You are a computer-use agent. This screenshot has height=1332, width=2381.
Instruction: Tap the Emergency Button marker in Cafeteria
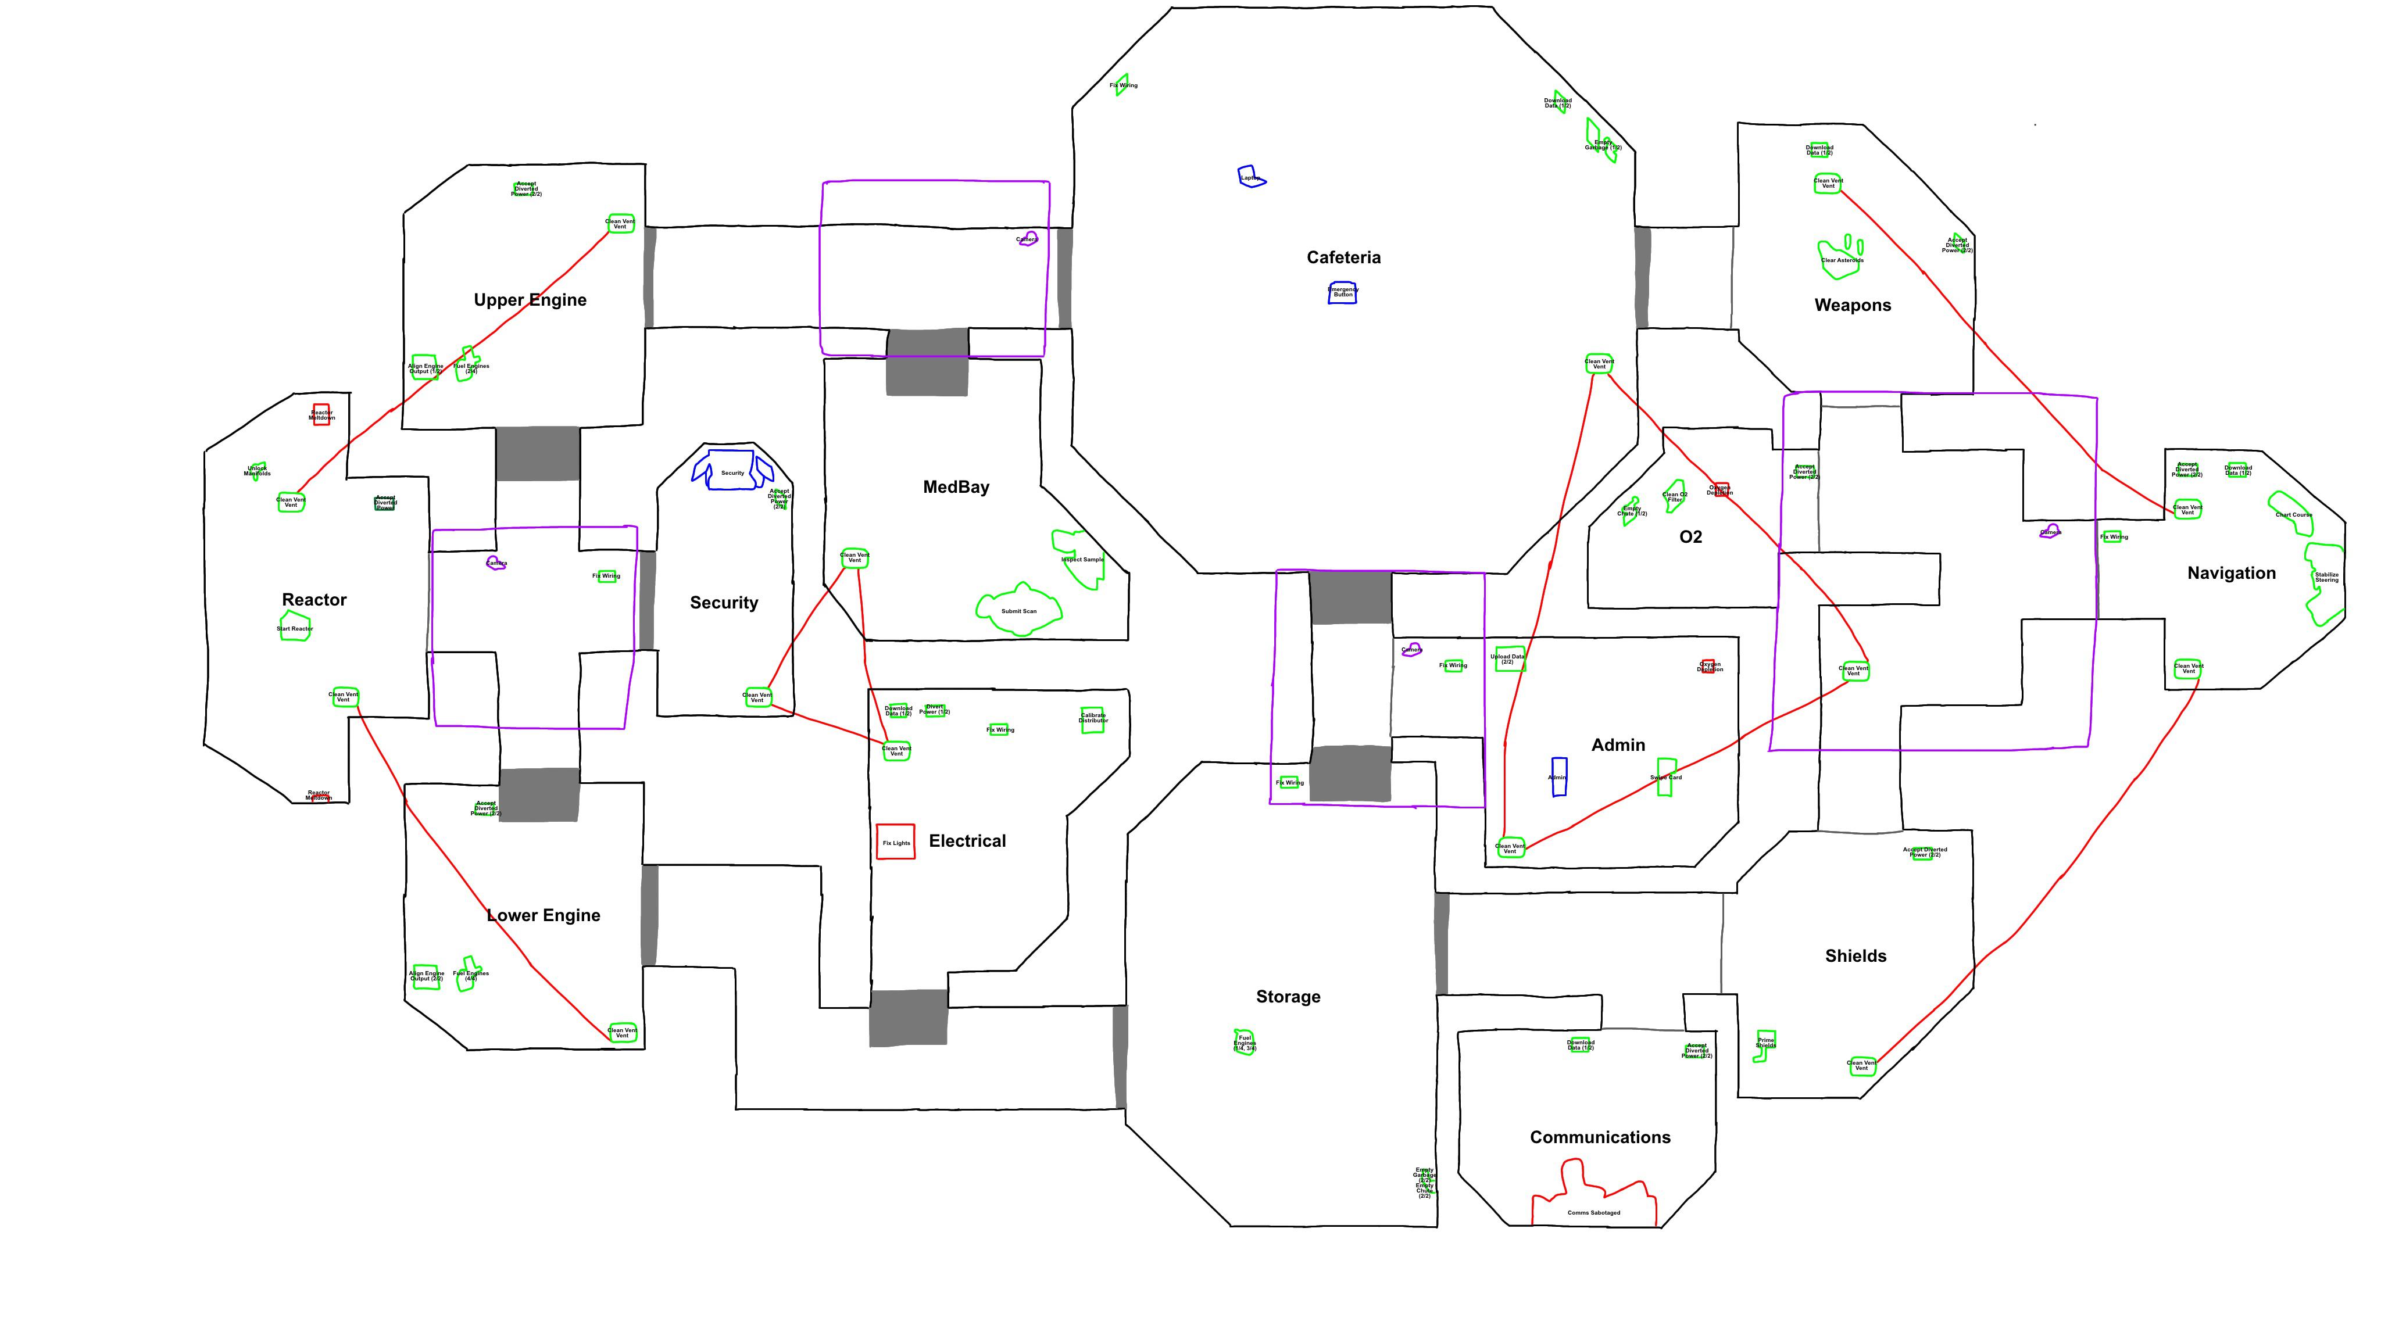1342,293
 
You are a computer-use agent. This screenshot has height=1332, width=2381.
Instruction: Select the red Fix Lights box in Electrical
895,842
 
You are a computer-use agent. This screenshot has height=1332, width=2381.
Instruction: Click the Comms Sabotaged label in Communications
1593,1212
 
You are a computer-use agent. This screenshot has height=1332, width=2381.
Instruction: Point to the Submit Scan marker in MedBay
1018,610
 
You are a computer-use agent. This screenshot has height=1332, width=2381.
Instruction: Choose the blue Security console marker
732,471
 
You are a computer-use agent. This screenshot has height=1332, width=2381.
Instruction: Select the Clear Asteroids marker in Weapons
1840,258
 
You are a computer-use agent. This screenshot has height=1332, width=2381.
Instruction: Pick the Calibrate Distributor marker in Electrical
1092,718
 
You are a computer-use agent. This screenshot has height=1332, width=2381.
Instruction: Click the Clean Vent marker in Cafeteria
1598,364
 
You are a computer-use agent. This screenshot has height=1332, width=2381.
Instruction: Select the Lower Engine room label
544,915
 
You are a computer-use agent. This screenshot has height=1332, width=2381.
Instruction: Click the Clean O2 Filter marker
1674,496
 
